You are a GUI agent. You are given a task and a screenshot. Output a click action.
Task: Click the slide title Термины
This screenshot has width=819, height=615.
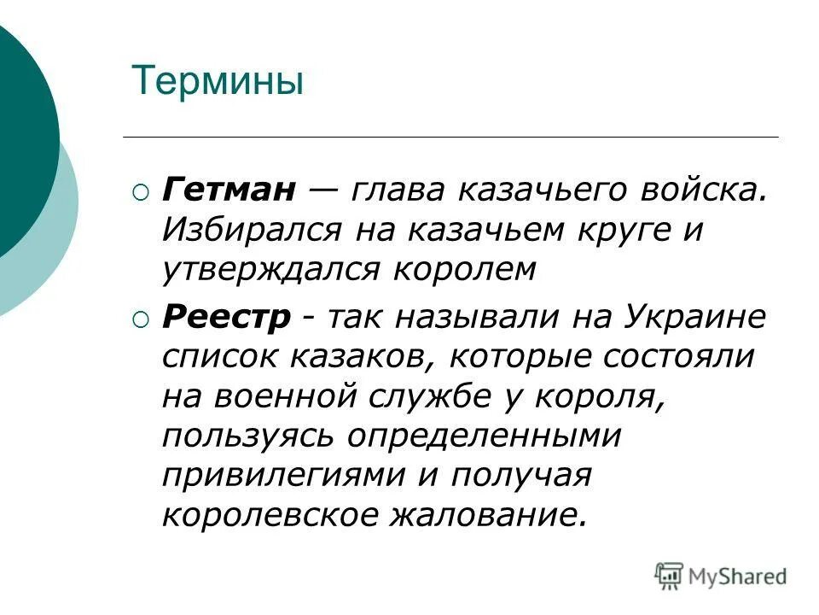tap(218, 83)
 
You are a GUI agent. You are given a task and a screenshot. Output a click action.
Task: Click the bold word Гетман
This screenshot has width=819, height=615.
tap(229, 190)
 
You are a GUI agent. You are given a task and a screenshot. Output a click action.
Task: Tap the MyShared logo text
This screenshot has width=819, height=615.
tap(738, 576)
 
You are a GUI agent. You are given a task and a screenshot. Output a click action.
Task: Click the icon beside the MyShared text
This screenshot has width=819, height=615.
tap(670, 575)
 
